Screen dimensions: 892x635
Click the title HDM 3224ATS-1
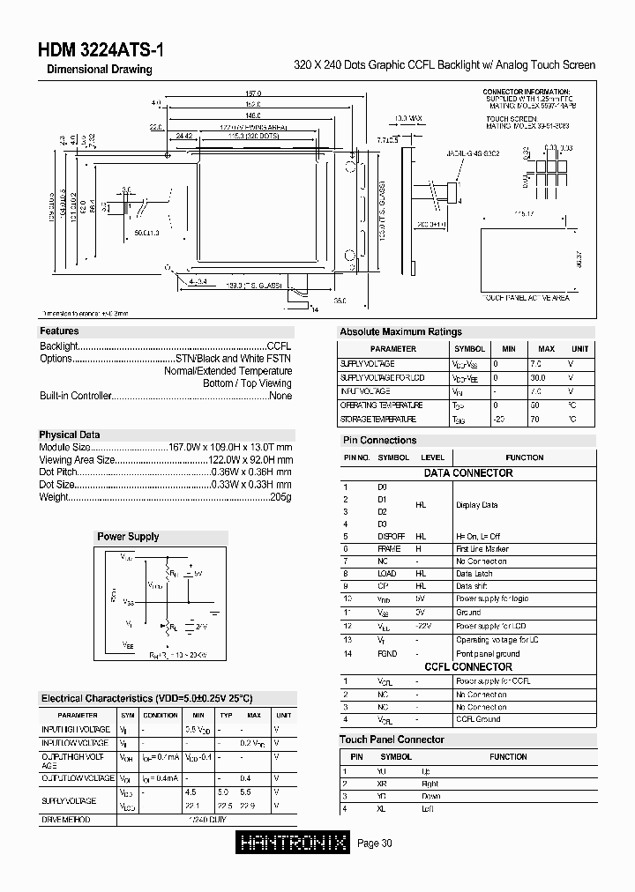pyautogui.click(x=100, y=50)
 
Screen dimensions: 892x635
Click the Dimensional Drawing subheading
pyautogui.click(x=99, y=70)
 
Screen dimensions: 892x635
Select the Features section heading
pyautogui.click(x=59, y=331)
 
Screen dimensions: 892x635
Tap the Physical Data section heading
pyautogui.click(x=70, y=435)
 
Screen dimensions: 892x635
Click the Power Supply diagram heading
pyautogui.click(x=128, y=536)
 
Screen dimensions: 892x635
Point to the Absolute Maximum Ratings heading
pyautogui.click(x=400, y=331)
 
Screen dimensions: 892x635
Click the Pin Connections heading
pyautogui.click(x=378, y=440)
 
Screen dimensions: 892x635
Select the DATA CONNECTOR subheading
pyautogui.click(x=468, y=473)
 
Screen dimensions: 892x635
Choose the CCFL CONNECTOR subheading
pyautogui.click(x=468, y=667)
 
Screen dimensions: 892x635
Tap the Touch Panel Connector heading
pyautogui.click(x=392, y=740)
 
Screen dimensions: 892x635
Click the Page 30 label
pyautogui.click(x=375, y=844)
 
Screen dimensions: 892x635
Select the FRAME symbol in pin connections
pyautogui.click(x=389, y=549)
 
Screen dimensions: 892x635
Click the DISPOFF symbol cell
pyautogui.click(x=391, y=536)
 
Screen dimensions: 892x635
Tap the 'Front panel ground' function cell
pyautogui.click(x=488, y=654)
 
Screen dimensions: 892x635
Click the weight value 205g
pyautogui.click(x=280, y=497)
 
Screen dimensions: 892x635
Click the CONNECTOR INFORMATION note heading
pyautogui.click(x=526, y=92)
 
